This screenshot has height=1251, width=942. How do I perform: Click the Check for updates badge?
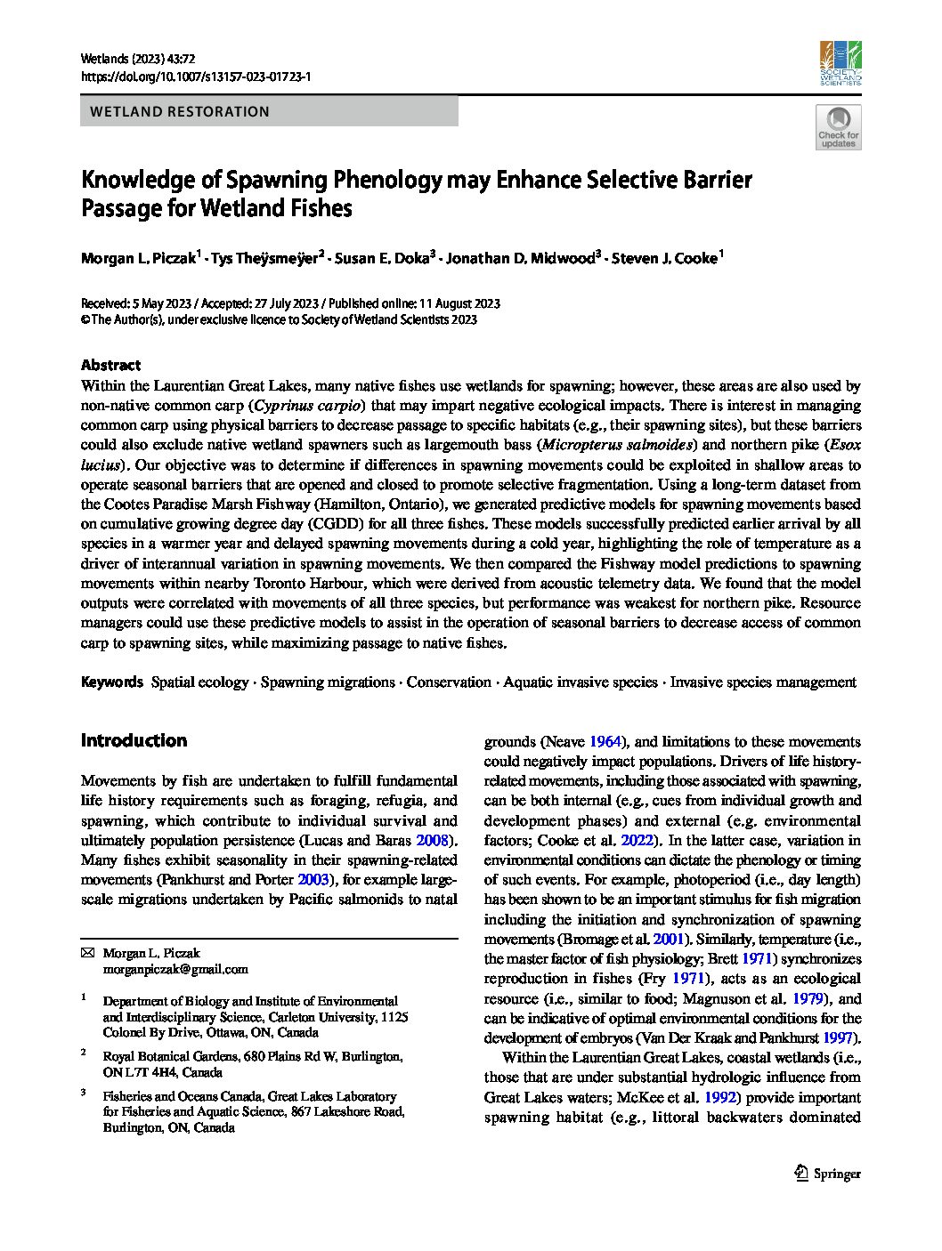839,127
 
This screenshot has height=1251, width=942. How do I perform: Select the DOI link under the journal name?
195,78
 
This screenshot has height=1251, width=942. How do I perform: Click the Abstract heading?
110,365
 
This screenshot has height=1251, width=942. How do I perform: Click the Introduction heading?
134,740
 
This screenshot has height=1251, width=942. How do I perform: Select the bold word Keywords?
111,682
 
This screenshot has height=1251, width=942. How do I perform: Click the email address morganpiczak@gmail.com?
175,969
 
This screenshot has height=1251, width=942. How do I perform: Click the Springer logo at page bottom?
827,1173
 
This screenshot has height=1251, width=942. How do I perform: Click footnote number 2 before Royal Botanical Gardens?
84,1052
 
